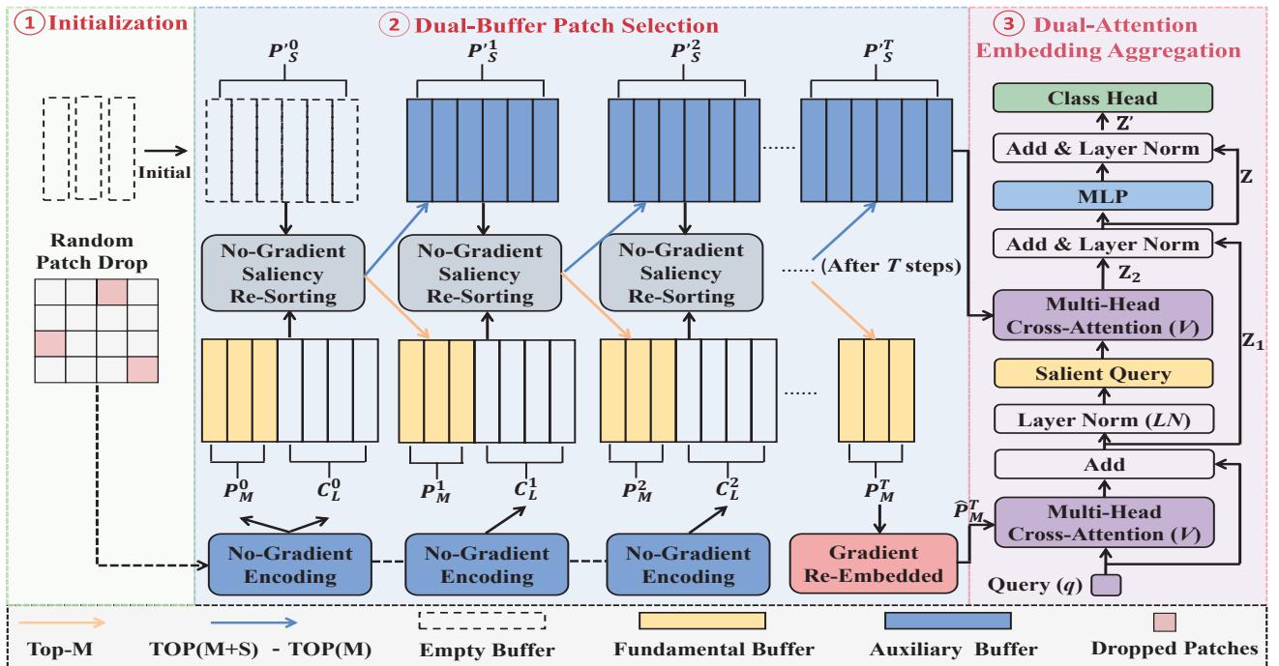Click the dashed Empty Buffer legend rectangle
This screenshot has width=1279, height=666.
pyautogui.click(x=482, y=620)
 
